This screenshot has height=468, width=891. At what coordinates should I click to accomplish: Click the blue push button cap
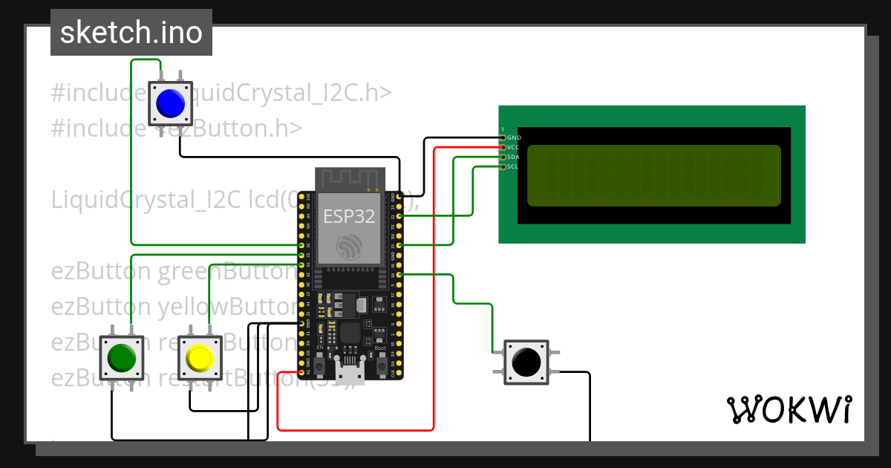pyautogui.click(x=170, y=103)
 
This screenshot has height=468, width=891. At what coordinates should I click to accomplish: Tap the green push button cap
pyautogui.click(x=120, y=358)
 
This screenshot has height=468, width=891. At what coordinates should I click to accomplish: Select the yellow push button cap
pyautogui.click(x=200, y=358)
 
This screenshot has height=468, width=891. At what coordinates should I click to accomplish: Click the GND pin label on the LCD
pyautogui.click(x=514, y=137)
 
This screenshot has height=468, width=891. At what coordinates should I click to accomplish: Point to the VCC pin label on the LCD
pyautogui.click(x=514, y=147)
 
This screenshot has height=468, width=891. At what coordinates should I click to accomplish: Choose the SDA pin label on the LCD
pyautogui.click(x=514, y=157)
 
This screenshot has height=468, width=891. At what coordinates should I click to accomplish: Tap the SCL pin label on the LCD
pyautogui.click(x=514, y=166)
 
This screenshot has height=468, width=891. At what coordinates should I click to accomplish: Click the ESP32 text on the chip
pyautogui.click(x=349, y=216)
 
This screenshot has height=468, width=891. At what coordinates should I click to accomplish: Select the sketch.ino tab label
pyautogui.click(x=131, y=33)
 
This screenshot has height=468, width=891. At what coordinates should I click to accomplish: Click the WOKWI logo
pyautogui.click(x=789, y=410)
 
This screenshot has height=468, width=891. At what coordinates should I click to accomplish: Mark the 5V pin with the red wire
pyautogui.click(x=302, y=373)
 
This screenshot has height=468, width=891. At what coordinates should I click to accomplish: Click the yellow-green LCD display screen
pyautogui.click(x=654, y=175)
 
